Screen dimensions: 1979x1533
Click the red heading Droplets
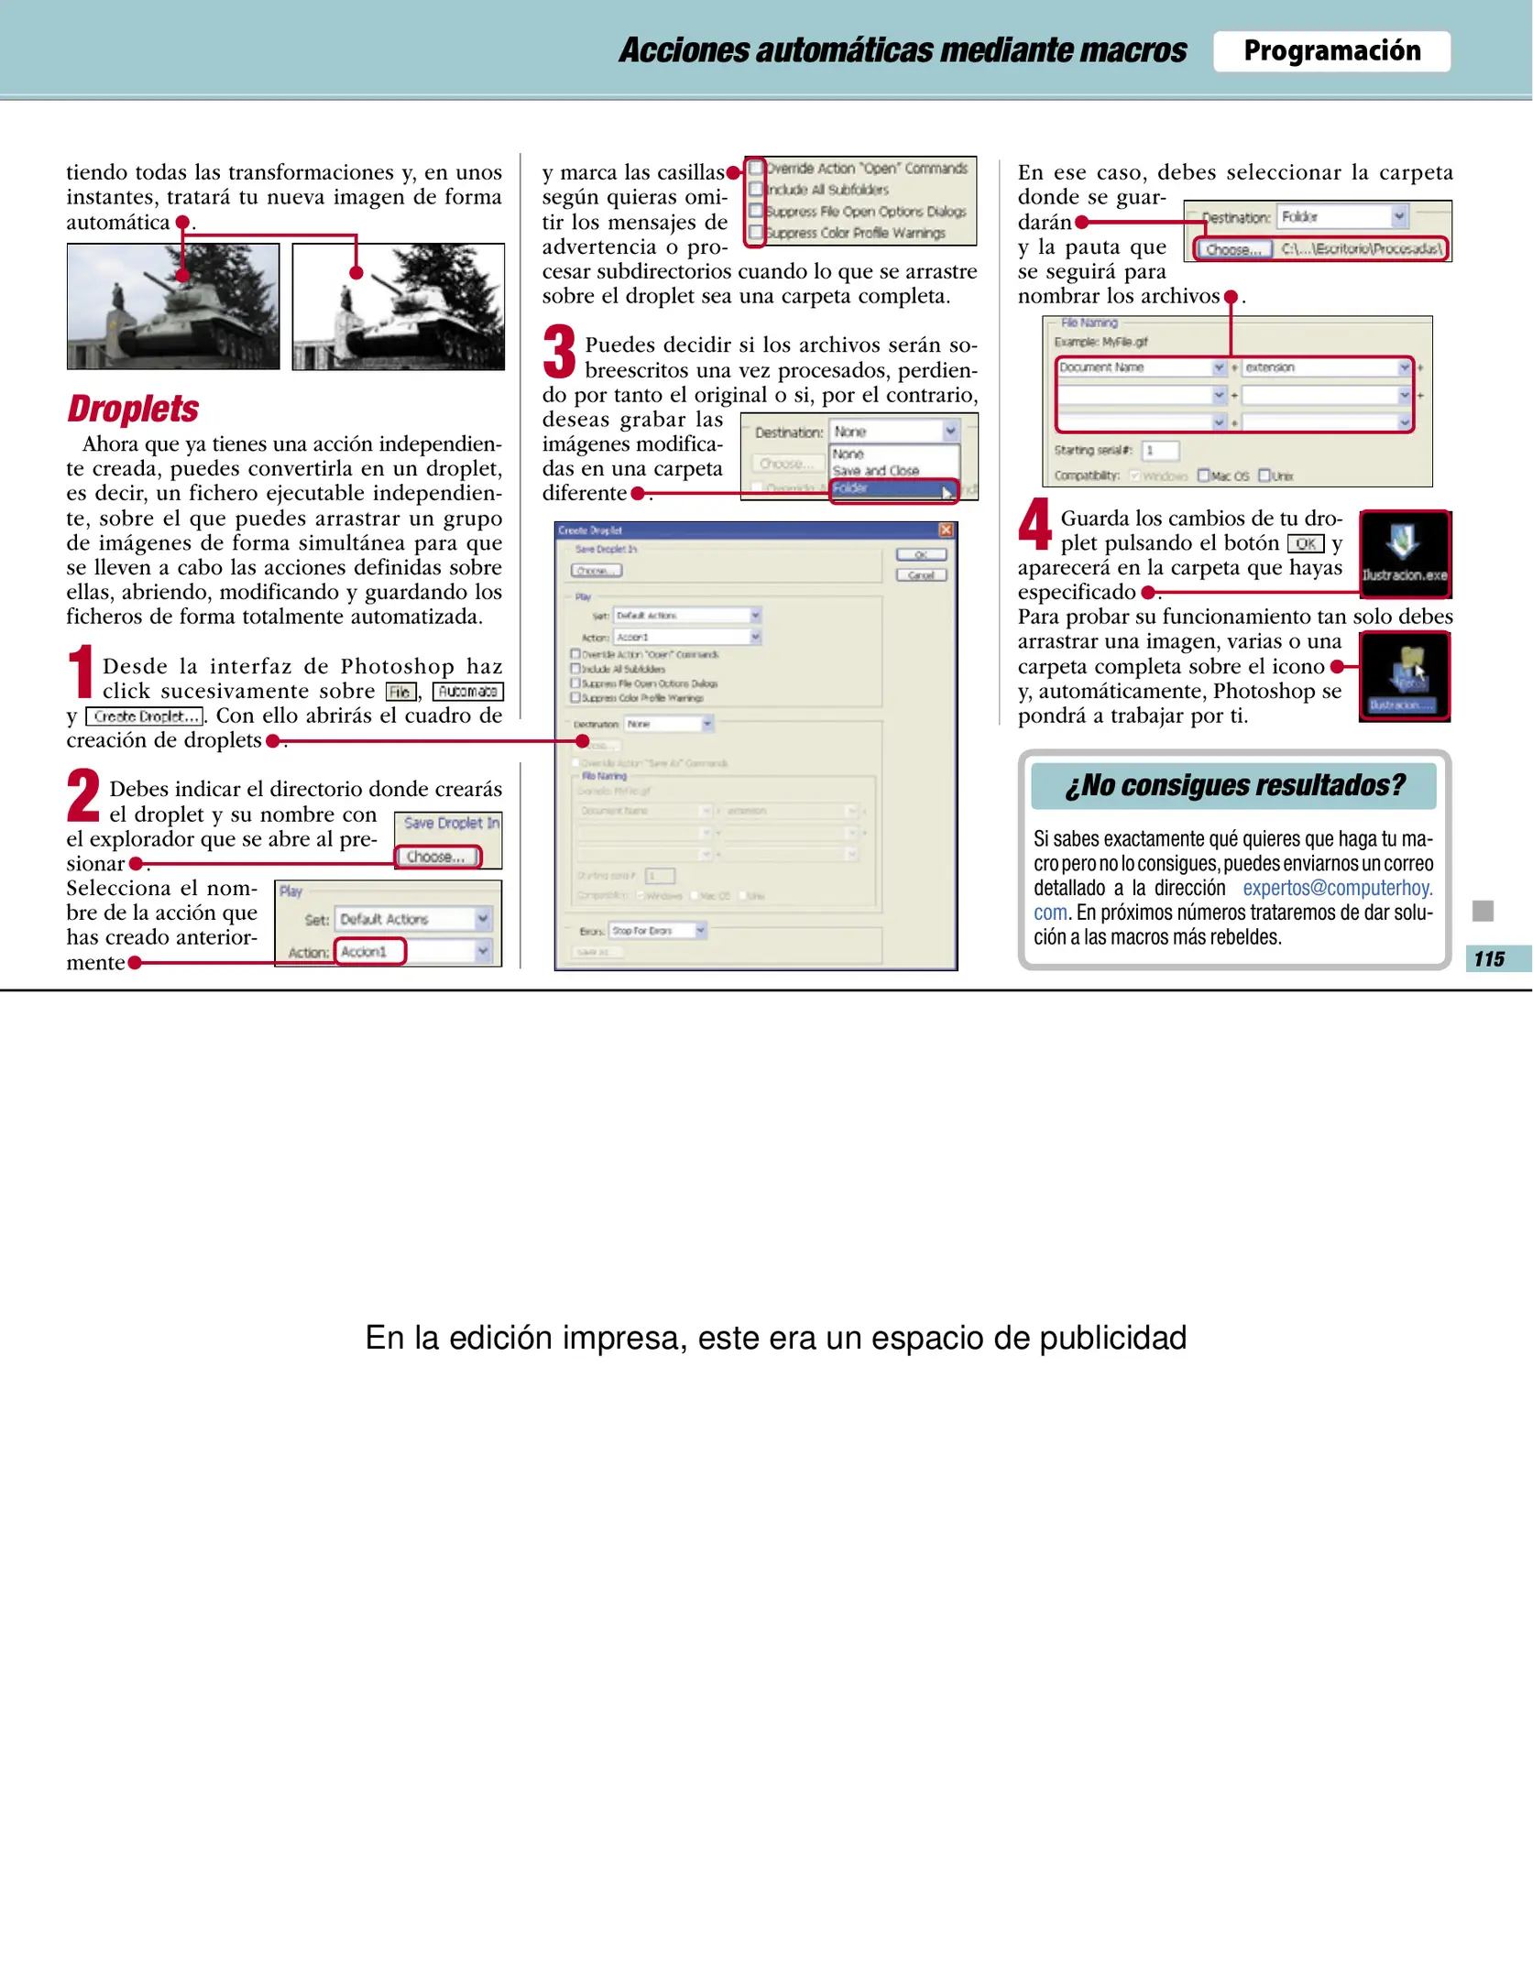[133, 409]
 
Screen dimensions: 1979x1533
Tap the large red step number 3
[559, 352]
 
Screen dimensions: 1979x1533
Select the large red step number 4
[1035, 525]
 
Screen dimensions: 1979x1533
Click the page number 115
[1489, 958]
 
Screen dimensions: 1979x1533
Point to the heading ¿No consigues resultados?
[1233, 785]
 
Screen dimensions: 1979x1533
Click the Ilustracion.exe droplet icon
[1404, 553]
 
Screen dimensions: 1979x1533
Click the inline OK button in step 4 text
[1305, 543]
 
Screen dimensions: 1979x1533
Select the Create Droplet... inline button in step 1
[145, 716]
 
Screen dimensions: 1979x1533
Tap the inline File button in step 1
[400, 692]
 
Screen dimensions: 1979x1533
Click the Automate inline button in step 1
[467, 692]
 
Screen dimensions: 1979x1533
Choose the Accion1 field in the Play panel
[369, 951]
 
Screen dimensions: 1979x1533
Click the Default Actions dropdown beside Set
[413, 919]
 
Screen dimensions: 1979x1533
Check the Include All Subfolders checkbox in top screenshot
[756, 190]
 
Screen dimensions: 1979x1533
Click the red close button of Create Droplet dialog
[946, 530]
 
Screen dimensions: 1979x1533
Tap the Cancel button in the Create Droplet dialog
[920, 575]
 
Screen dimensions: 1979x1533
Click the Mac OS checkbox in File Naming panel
[1203, 476]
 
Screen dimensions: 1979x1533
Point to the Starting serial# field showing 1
[1160, 450]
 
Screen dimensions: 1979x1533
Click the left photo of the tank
[173, 306]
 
